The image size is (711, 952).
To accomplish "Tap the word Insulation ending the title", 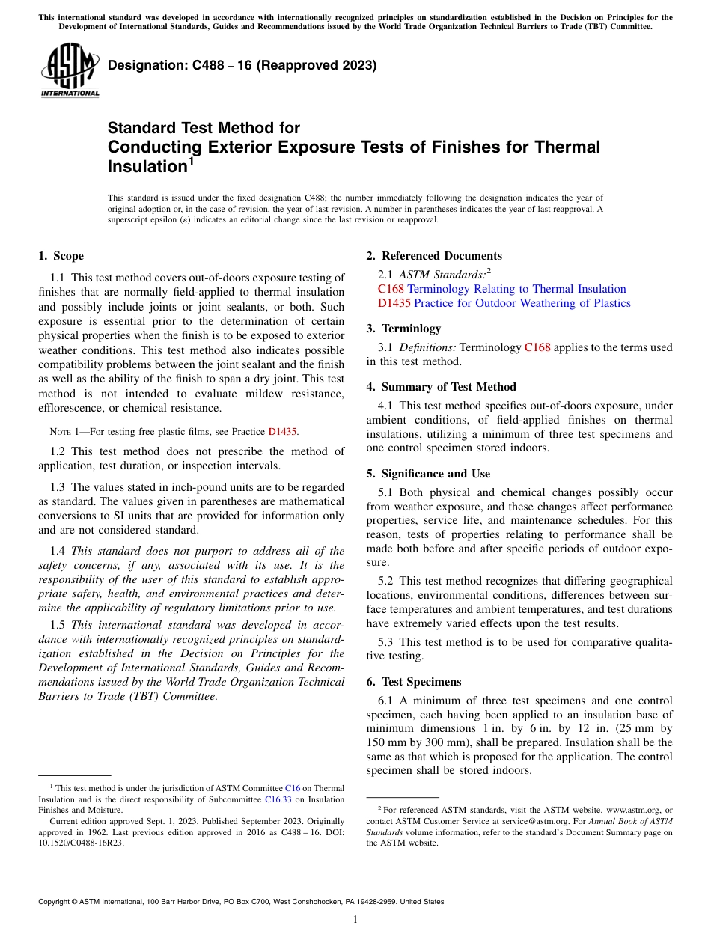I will coord(146,167).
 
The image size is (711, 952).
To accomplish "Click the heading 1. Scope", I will coord(61,256).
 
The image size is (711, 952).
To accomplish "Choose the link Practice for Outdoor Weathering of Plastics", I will coord(522,303).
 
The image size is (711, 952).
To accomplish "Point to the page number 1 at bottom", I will coord(355,920).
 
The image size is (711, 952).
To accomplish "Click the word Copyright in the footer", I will coord(55,902).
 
